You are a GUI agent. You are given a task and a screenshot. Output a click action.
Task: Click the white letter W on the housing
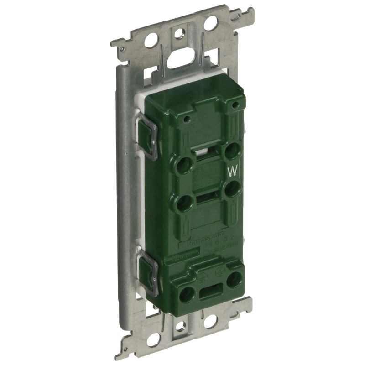tap(233, 172)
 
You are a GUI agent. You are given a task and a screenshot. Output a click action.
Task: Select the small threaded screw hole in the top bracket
tap(180, 33)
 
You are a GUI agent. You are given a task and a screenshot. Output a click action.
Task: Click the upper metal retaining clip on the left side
tap(147, 136)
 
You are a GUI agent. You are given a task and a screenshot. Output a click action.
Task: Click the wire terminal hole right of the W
tap(233, 188)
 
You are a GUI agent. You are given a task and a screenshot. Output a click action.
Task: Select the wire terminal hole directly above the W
tap(234, 150)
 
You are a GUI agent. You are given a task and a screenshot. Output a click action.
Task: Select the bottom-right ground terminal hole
tap(234, 279)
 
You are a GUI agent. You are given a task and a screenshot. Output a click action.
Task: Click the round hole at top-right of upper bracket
tap(211, 23)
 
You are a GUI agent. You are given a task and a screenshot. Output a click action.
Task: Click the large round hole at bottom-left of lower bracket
tap(153, 339)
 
